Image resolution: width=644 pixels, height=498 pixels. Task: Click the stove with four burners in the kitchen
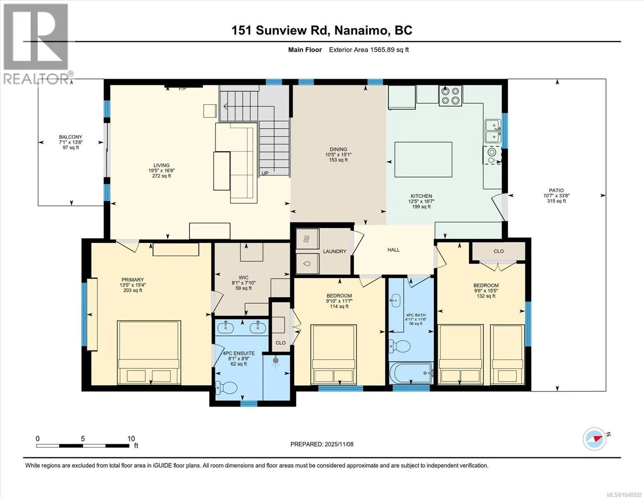(450, 95)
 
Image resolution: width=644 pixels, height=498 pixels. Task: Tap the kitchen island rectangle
(423, 160)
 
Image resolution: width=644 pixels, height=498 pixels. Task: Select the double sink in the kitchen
(493, 131)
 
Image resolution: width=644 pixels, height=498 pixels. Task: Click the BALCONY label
(70, 137)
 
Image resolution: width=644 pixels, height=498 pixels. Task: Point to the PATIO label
(556, 190)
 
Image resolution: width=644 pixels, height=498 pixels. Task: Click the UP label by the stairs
(265, 173)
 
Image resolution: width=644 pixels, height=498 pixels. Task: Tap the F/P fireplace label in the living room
(182, 88)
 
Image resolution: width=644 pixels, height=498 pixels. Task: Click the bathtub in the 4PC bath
(411, 373)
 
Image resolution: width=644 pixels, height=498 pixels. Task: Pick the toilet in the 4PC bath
(399, 346)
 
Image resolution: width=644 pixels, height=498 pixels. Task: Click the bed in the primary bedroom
(149, 352)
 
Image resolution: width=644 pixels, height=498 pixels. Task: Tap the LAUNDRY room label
(335, 251)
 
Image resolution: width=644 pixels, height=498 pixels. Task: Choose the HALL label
(394, 250)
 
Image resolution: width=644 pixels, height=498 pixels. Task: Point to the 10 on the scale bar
(131, 439)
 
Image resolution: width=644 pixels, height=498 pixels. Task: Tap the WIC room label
(243, 278)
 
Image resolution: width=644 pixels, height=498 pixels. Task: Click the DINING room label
(338, 149)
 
